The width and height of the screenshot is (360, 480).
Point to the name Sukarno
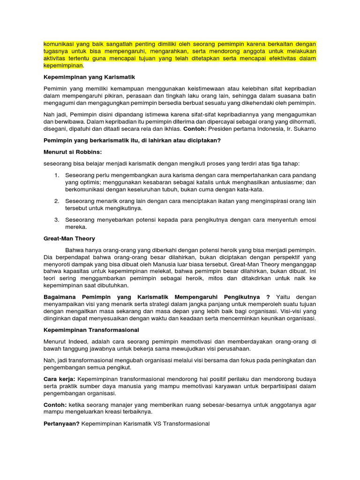[304, 128]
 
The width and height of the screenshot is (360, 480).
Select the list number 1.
[56, 175]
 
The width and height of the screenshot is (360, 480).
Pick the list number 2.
[56, 201]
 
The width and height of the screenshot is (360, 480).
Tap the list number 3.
[56, 219]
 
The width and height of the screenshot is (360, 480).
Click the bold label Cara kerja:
[59, 378]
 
